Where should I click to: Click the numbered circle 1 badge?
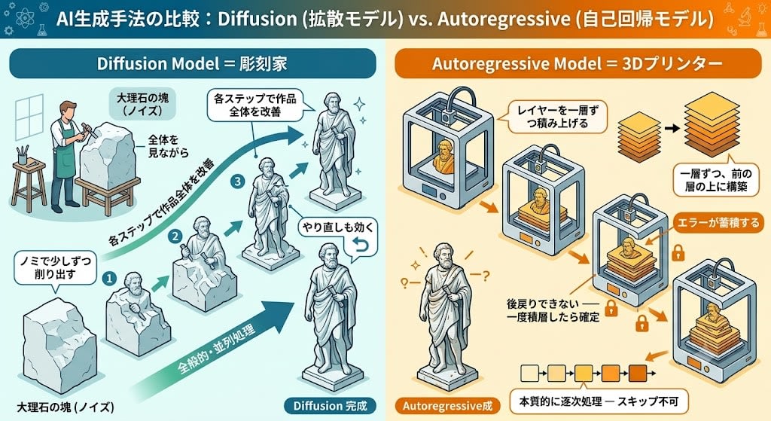tap(108, 279)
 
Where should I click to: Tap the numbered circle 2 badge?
tap(175, 236)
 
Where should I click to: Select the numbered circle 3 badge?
tap(238, 182)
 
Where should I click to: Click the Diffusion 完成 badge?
tap(330, 406)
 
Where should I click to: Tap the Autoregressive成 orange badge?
tap(447, 406)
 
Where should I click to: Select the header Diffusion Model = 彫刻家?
tap(193, 63)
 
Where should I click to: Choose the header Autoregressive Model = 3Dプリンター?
tap(577, 63)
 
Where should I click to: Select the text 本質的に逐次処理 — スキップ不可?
tap(599, 402)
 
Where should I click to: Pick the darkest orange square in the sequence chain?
tap(638, 374)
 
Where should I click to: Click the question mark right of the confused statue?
tap(486, 276)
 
